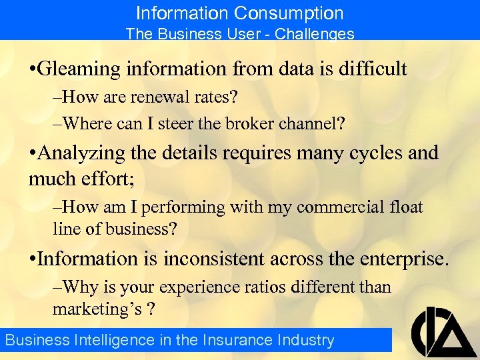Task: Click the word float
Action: point(405,207)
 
